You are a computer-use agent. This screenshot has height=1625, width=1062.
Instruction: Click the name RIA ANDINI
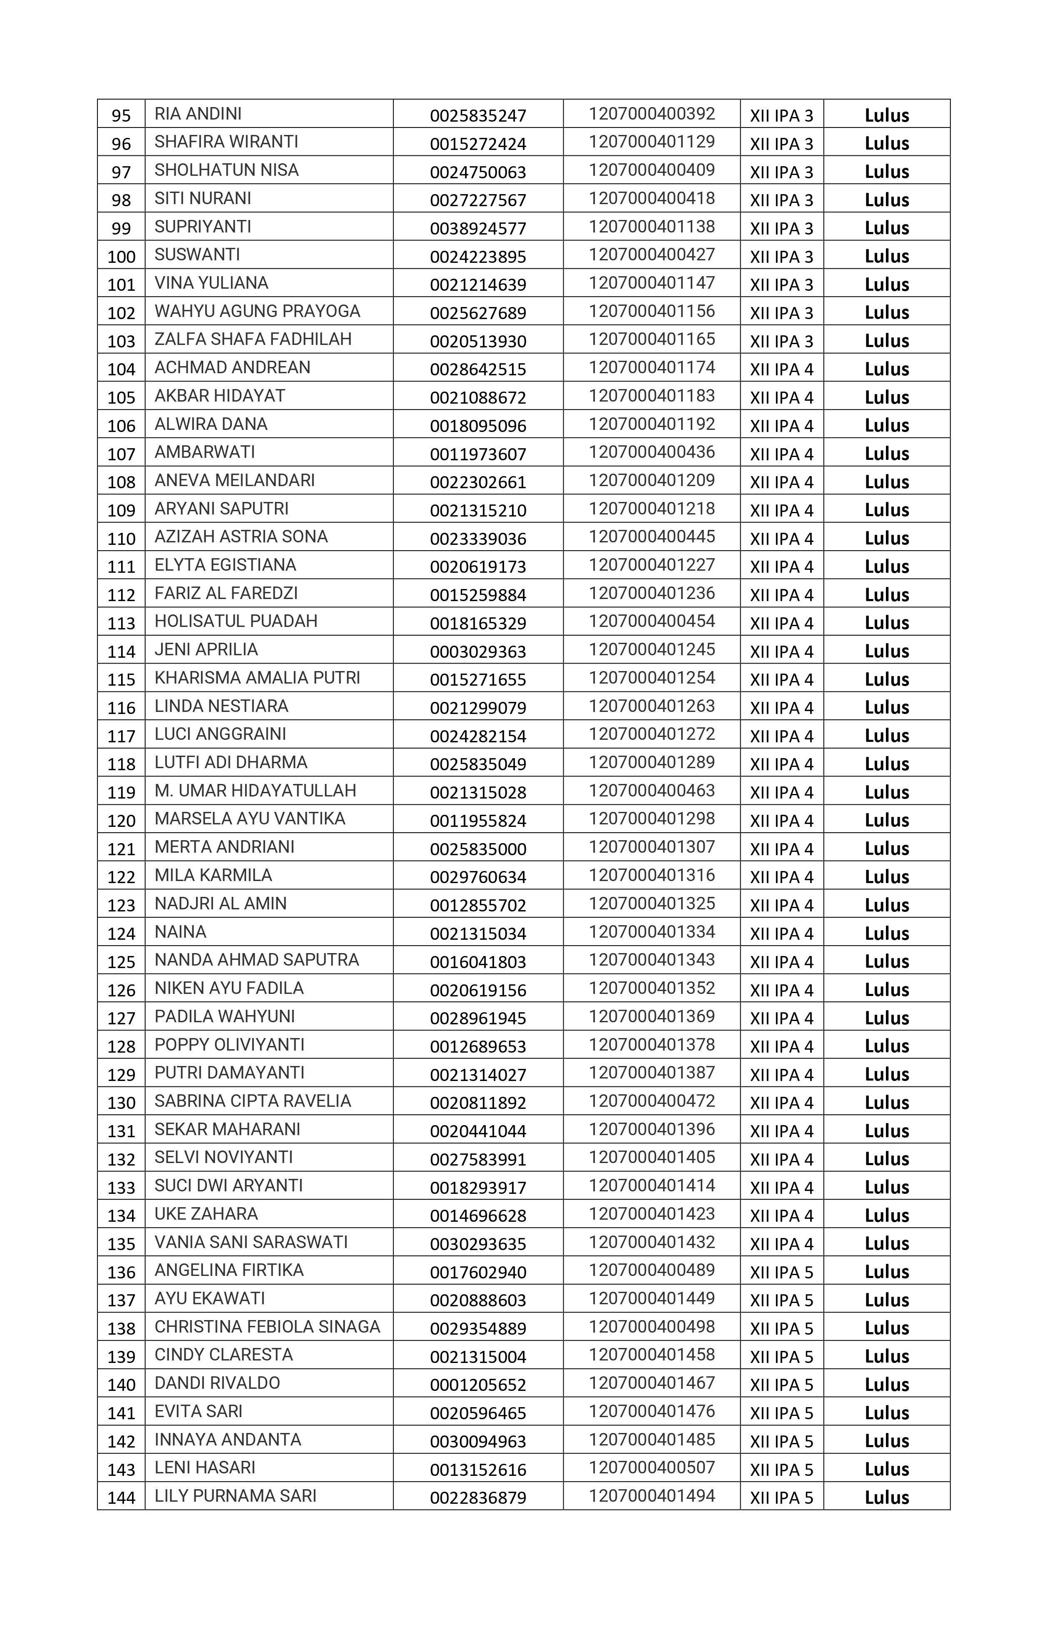(198, 114)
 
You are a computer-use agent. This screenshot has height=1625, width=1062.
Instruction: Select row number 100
(122, 257)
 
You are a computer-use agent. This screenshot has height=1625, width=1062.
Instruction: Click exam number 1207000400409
(652, 170)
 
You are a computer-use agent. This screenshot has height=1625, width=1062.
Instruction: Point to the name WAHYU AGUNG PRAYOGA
(257, 311)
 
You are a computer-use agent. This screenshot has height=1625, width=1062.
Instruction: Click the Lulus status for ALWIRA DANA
(887, 425)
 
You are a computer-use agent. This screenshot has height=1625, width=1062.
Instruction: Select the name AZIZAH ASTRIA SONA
(241, 537)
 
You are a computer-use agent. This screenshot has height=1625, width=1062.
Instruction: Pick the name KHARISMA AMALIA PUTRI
(257, 678)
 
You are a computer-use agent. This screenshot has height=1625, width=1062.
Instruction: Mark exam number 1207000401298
(652, 819)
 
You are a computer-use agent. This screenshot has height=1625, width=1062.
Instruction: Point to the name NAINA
(180, 932)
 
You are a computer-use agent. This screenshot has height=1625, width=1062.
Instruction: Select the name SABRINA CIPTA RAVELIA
(253, 1101)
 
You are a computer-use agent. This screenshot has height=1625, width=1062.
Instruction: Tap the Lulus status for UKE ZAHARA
(887, 1216)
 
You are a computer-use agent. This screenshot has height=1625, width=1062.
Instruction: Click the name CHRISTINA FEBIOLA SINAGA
(267, 1327)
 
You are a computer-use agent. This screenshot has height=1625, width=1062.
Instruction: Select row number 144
(122, 1497)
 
